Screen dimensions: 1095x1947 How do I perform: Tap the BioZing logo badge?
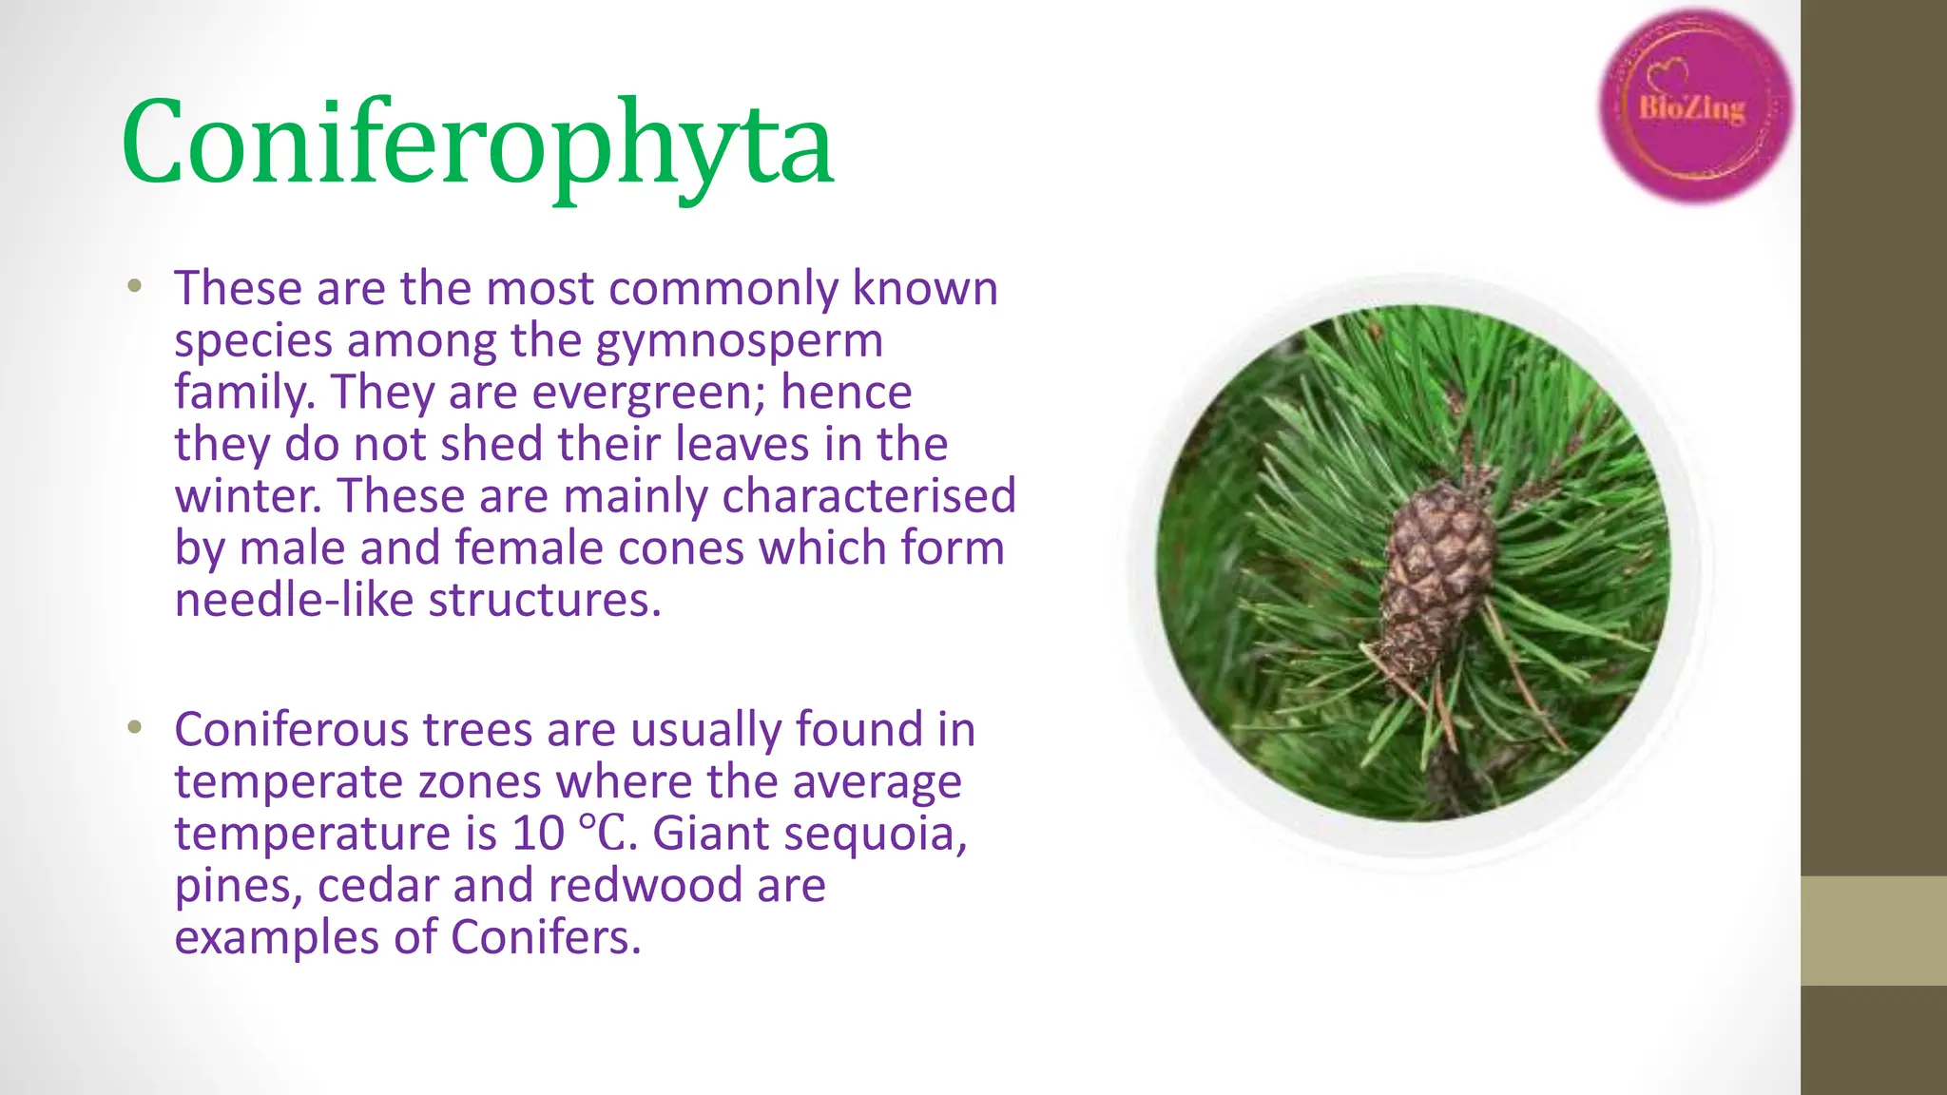1694,106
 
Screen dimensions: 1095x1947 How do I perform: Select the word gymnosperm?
740,341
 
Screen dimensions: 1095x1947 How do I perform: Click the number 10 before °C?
538,835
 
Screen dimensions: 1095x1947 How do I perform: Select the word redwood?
646,886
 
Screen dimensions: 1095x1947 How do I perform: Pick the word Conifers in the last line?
545,938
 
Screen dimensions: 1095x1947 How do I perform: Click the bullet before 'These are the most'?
135,286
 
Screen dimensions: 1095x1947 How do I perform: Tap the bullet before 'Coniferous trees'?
135,728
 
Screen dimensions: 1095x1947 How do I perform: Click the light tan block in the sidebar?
1874,931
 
